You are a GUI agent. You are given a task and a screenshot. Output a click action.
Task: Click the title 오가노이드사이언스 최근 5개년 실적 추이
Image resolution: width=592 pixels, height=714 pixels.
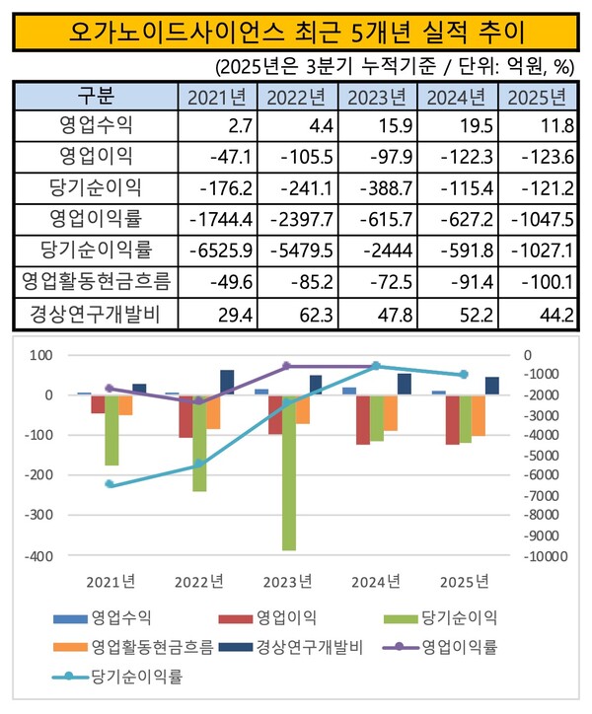pos(295,32)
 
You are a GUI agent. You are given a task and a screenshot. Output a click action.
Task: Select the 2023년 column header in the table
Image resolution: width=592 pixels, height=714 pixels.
pos(376,98)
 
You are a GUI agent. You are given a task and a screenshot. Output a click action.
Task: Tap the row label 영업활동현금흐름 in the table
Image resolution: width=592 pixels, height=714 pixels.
pos(96,283)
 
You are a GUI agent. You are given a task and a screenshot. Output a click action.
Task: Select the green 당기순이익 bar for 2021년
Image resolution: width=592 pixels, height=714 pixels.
pos(111,430)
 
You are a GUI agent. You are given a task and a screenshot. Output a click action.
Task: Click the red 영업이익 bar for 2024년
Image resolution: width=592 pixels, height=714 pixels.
pos(363,419)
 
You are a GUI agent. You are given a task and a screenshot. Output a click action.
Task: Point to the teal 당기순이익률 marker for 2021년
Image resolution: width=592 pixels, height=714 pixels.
pos(109,484)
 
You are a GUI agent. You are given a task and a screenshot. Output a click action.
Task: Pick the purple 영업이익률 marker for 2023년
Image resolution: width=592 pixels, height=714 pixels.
pos(287,366)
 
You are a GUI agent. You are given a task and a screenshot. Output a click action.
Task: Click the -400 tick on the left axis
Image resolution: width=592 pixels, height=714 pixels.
pos(39,555)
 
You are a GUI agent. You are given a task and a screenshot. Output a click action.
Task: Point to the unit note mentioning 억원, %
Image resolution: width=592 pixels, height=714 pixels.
pos(395,67)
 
